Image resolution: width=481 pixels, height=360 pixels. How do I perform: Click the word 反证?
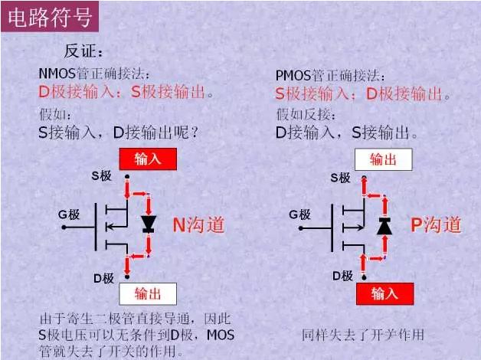pyautogui.click(x=83, y=51)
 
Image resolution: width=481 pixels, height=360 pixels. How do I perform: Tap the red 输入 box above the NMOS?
pyautogui.click(x=148, y=159)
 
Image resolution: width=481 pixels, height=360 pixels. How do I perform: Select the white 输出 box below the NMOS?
pyautogui.click(x=148, y=294)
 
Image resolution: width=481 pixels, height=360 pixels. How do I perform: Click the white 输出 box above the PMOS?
pyautogui.click(x=383, y=159)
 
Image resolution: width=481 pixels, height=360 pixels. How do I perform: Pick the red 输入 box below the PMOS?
pyautogui.click(x=384, y=293)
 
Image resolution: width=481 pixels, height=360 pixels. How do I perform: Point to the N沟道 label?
pyautogui.click(x=198, y=224)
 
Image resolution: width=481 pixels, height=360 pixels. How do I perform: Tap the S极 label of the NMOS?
pyautogui.click(x=102, y=175)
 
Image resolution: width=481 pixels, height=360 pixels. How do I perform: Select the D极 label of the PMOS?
pyautogui.click(x=342, y=276)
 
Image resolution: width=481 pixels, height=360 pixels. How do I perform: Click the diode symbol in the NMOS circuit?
pyautogui.click(x=149, y=224)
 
